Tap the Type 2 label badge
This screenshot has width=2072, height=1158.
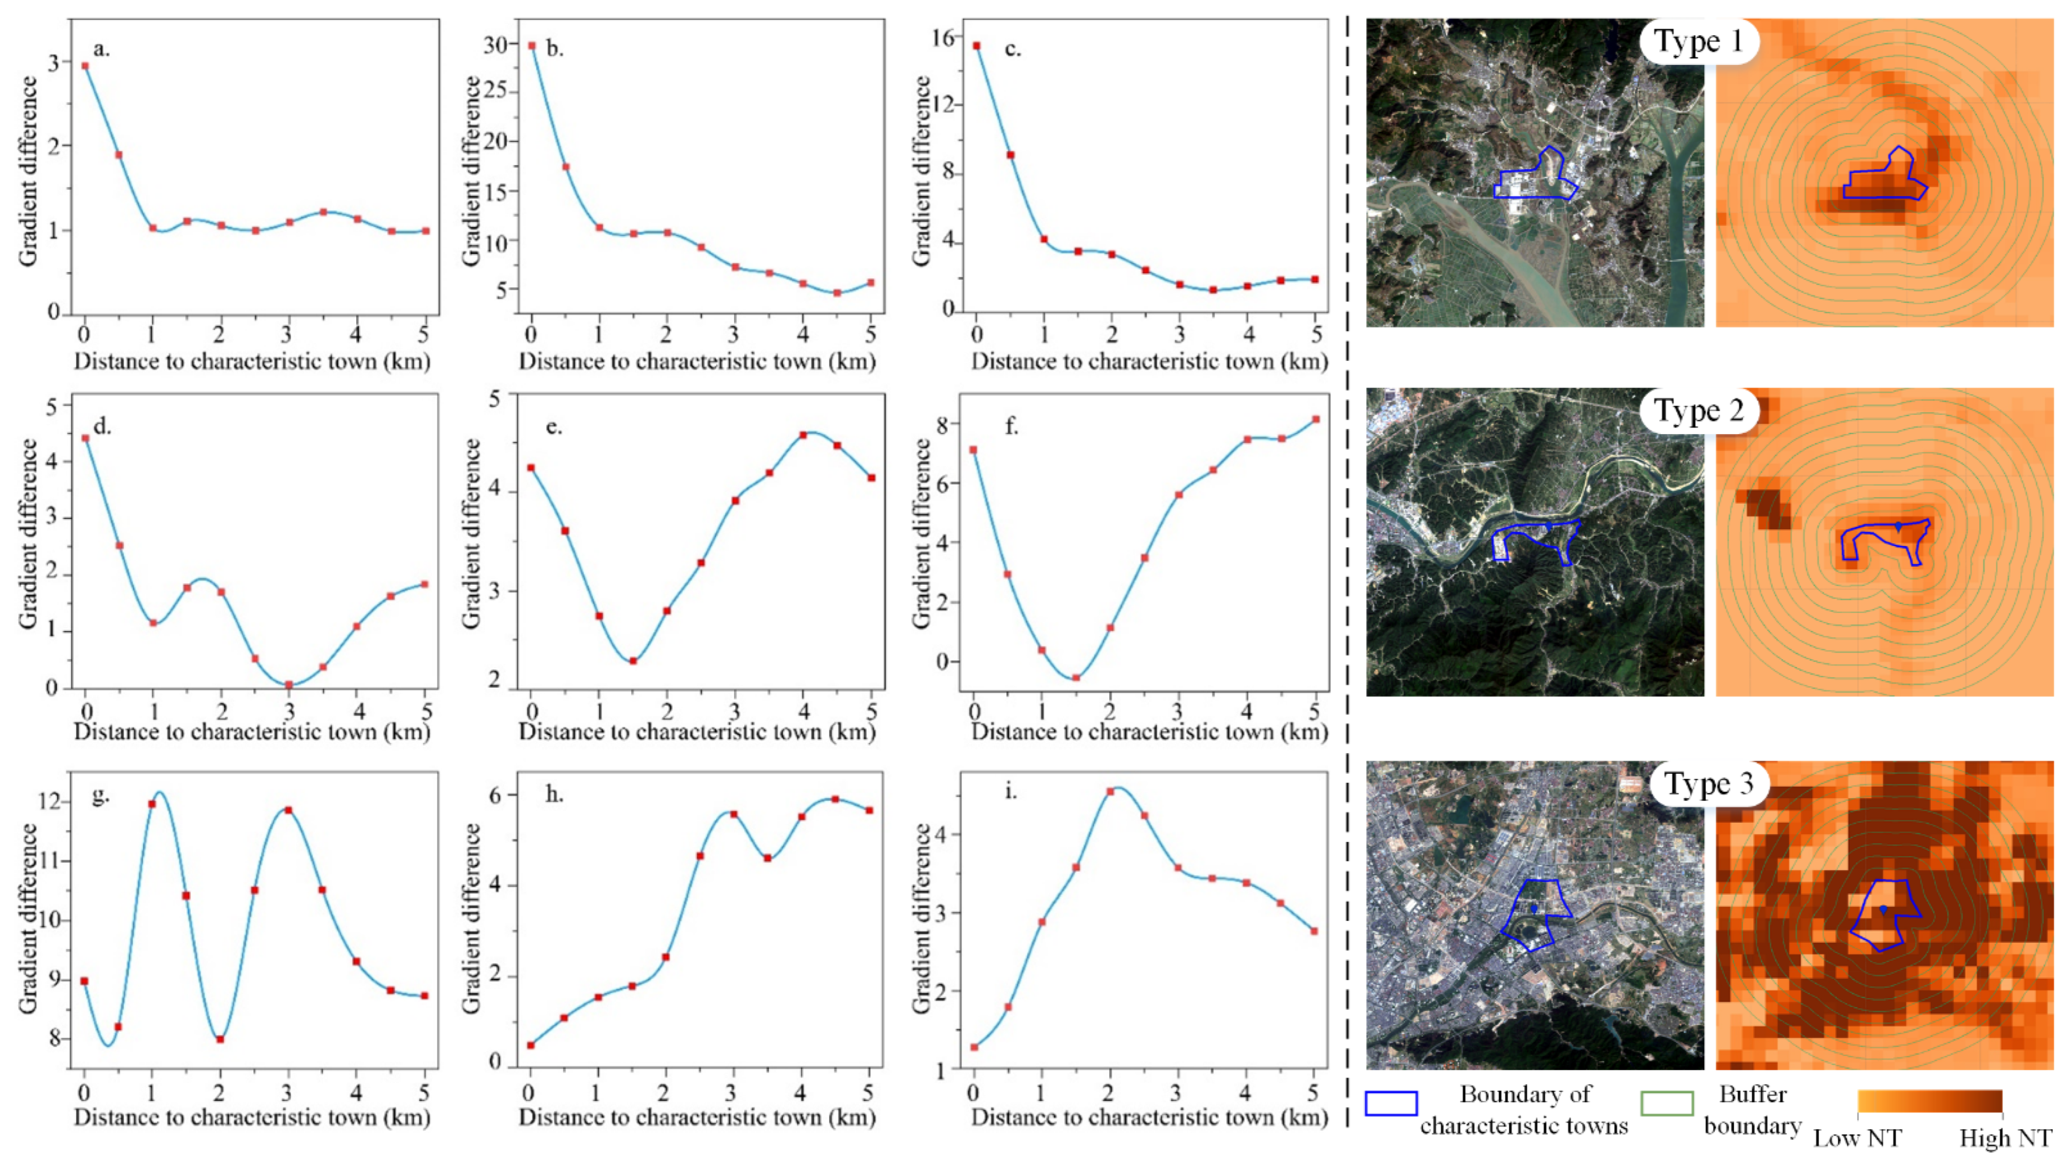coord(1698,411)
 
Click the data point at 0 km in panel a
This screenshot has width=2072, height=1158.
coord(85,66)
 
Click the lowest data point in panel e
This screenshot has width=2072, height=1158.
coord(633,661)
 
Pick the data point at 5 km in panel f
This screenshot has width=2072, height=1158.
coord(1316,419)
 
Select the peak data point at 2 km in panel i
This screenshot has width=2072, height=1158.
coord(1110,791)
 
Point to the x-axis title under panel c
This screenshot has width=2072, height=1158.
coord(1148,361)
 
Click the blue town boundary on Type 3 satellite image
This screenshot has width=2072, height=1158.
coord(1501,933)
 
